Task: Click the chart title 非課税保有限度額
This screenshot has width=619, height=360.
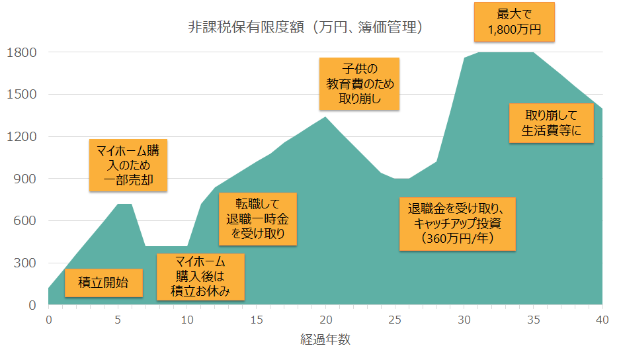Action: [306, 28]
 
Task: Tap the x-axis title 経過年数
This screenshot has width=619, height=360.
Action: [325, 341]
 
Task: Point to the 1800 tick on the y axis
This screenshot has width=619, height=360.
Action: [23, 52]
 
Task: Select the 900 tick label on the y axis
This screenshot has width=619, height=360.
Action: [27, 179]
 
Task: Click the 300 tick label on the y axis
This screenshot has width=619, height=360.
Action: [27, 263]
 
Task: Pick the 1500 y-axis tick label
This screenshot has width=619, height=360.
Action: [23, 95]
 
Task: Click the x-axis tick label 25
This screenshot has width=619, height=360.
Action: [394, 320]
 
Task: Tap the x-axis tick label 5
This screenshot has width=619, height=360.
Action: [118, 320]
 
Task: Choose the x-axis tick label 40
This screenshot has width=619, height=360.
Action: [602, 320]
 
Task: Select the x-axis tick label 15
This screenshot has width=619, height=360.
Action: [256, 320]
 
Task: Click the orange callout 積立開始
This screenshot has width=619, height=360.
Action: [104, 283]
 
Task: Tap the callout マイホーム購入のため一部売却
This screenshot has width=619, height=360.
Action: [128, 165]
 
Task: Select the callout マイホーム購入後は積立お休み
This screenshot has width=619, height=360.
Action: [200, 277]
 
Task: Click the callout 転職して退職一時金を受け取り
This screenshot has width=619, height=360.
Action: [257, 218]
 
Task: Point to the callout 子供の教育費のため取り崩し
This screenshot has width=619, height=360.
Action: [359, 84]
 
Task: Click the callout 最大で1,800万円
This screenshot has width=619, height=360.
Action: [515, 22]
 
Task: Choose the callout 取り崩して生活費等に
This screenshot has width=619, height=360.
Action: [551, 122]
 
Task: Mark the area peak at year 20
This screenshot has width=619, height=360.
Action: [325, 117]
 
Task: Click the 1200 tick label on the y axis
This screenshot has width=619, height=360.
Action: [23, 137]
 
